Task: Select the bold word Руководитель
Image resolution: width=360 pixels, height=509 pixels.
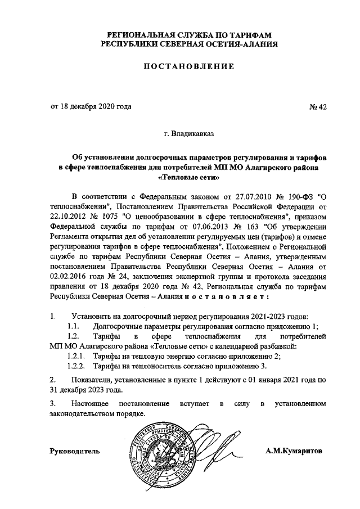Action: coord(75,451)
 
